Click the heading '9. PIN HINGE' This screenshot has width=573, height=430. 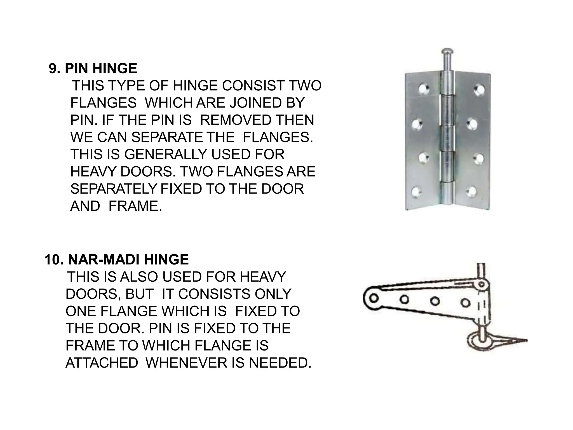(93, 69)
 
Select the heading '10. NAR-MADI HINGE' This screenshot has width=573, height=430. (116, 260)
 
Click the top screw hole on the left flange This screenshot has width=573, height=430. (424, 89)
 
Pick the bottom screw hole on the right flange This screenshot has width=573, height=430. (471, 191)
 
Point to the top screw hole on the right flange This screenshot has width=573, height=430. (479, 89)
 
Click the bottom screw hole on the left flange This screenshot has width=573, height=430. (416, 191)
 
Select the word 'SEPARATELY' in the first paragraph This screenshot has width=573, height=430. (113, 189)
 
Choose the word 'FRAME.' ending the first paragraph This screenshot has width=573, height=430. (135, 206)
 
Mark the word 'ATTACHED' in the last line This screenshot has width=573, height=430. (102, 363)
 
